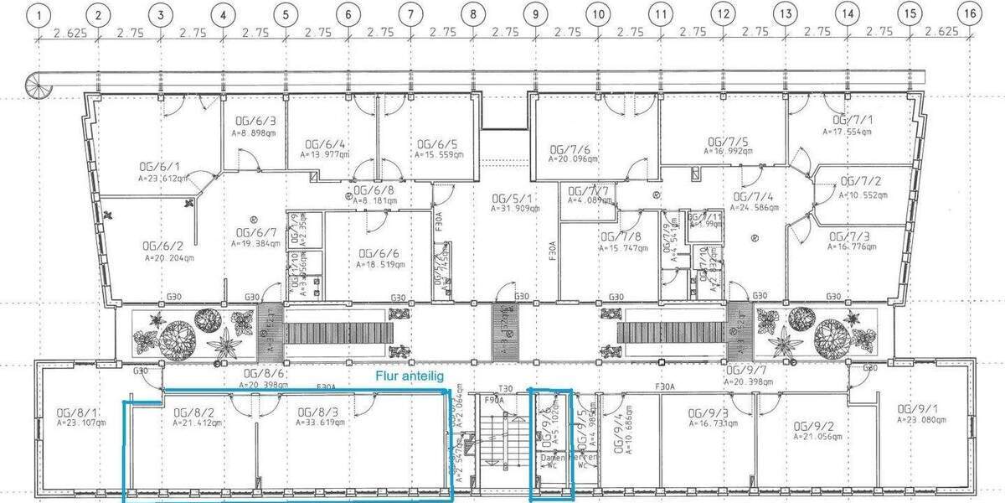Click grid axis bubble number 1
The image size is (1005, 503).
(x=37, y=14)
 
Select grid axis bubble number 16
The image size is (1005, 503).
(x=970, y=14)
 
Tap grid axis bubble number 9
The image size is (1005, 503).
(x=535, y=14)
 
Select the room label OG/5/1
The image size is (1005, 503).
(x=509, y=197)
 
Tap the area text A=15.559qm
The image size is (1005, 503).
(x=435, y=155)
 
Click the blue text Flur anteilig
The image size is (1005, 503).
(x=410, y=376)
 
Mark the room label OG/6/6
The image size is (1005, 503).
(x=378, y=252)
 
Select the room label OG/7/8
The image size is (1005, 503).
(x=621, y=237)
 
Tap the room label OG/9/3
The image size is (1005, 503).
(x=708, y=413)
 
